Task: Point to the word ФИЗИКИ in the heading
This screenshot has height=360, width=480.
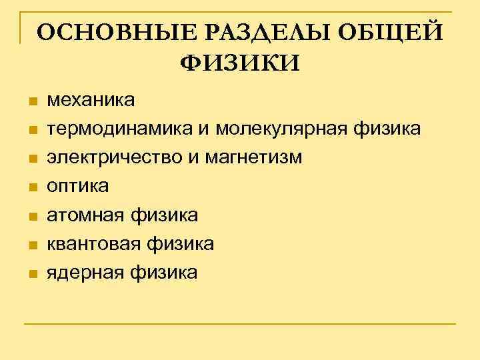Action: tap(241, 63)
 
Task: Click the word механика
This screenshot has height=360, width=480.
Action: tap(91, 100)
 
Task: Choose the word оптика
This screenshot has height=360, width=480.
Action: tap(77, 187)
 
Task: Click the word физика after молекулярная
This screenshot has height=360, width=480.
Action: tap(385, 129)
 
